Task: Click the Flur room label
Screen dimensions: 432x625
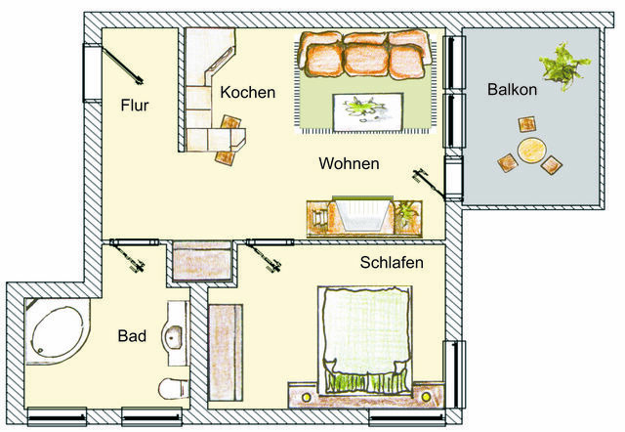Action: [x=135, y=105]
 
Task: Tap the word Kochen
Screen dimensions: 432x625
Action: [x=248, y=93]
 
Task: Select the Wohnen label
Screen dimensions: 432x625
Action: [x=349, y=164]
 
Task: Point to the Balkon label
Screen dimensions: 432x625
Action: [x=513, y=91]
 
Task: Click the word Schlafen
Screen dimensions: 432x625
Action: [x=392, y=263]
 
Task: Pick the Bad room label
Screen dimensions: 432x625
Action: [x=132, y=336]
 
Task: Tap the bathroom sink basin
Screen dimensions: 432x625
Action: [x=175, y=335]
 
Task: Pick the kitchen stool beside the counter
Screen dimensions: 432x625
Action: [x=232, y=124]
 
